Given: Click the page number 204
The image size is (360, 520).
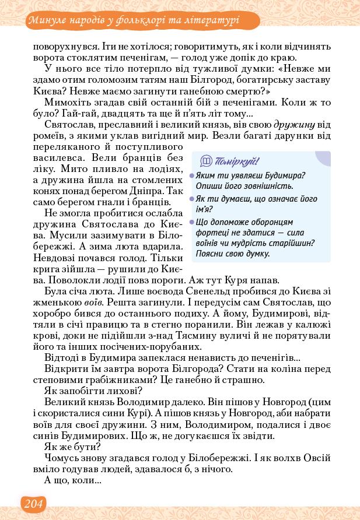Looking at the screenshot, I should click(x=33, y=503).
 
